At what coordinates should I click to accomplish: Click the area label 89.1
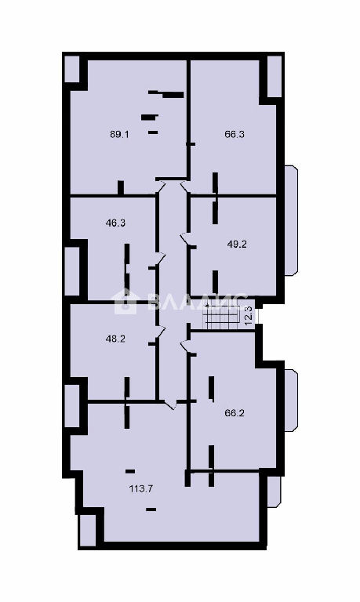[x=120, y=134]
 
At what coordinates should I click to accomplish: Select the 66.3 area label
[x=235, y=134]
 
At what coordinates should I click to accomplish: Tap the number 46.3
[x=115, y=223]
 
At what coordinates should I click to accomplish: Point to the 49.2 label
[x=237, y=245]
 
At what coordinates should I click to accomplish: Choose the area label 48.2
[x=115, y=339]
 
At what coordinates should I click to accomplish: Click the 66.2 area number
[x=235, y=414]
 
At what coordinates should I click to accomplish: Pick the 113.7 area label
[x=141, y=489]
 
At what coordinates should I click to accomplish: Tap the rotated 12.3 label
[x=249, y=315]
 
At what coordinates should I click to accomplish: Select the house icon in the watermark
[x=125, y=302]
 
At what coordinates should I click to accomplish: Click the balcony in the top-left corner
[x=72, y=69]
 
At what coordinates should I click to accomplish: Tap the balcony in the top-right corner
[x=275, y=76]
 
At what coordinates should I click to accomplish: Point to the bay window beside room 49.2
[x=291, y=220]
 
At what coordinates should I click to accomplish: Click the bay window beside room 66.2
[x=291, y=401]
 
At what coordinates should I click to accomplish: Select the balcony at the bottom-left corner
[x=87, y=530]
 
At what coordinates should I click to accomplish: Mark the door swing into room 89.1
[x=161, y=187]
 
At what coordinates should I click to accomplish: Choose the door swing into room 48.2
[x=160, y=334]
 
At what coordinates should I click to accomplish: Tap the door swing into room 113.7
[x=170, y=404]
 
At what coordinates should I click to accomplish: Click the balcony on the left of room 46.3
[x=72, y=271]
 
